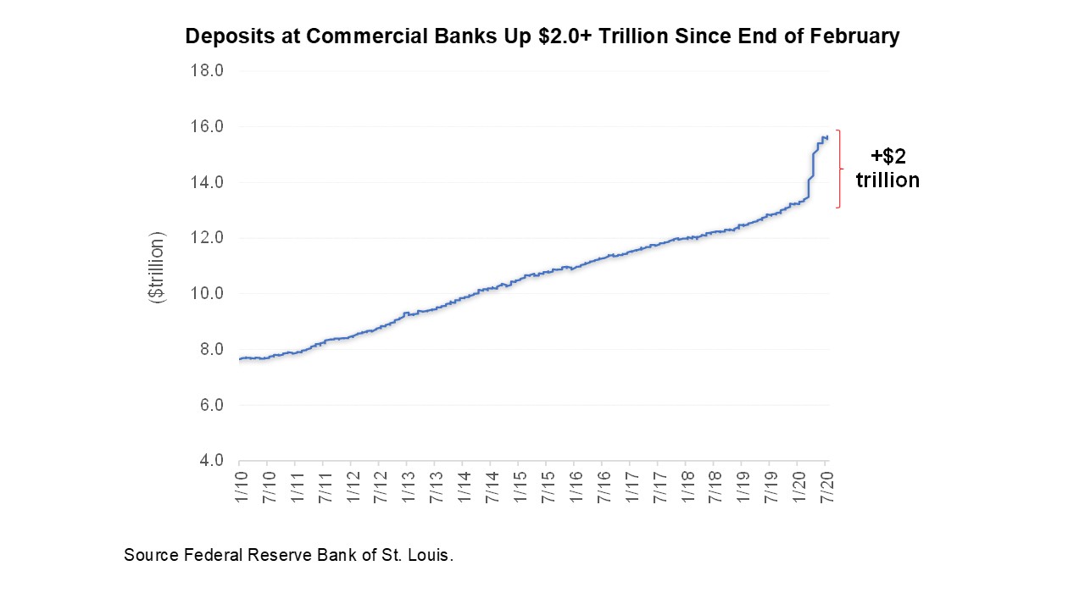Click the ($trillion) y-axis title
tap(158, 267)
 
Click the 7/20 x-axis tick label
tap(826, 488)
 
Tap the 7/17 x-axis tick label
tap(659, 488)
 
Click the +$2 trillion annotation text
tap(887, 168)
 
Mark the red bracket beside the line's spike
tap(839, 169)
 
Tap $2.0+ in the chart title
tap(566, 36)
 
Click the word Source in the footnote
tap(150, 556)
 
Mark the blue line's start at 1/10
tap(241, 359)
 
